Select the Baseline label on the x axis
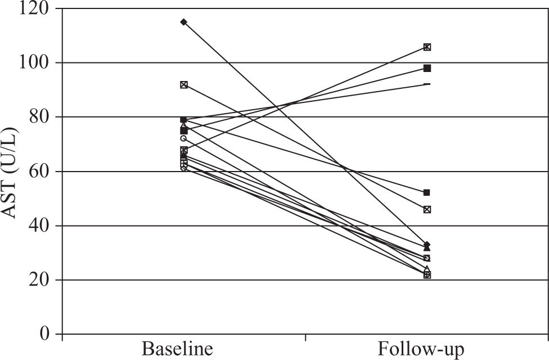coord(178,349)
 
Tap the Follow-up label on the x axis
coord(422,349)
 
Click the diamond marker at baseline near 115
coord(183,22)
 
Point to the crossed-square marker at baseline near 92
coord(183,85)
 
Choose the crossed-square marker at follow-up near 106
coord(427,47)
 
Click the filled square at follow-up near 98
coord(427,69)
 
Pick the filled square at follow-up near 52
coord(427,193)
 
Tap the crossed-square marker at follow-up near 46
coord(427,209)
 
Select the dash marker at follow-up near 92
coord(427,84)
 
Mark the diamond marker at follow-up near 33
coord(427,245)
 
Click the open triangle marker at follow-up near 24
coord(427,269)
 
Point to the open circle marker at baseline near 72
coord(183,138)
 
